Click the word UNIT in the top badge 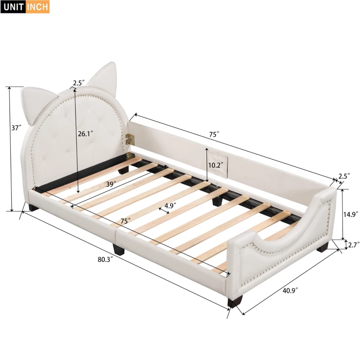click(13, 7)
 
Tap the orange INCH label click(38, 7)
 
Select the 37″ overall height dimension click(17, 128)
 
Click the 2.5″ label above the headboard click(78, 83)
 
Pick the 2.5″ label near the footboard click(343, 176)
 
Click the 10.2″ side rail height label click(215, 165)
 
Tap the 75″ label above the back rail click(214, 134)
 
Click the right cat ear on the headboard click(103, 74)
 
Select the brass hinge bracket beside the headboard click(130, 139)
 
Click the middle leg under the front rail click(118, 248)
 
